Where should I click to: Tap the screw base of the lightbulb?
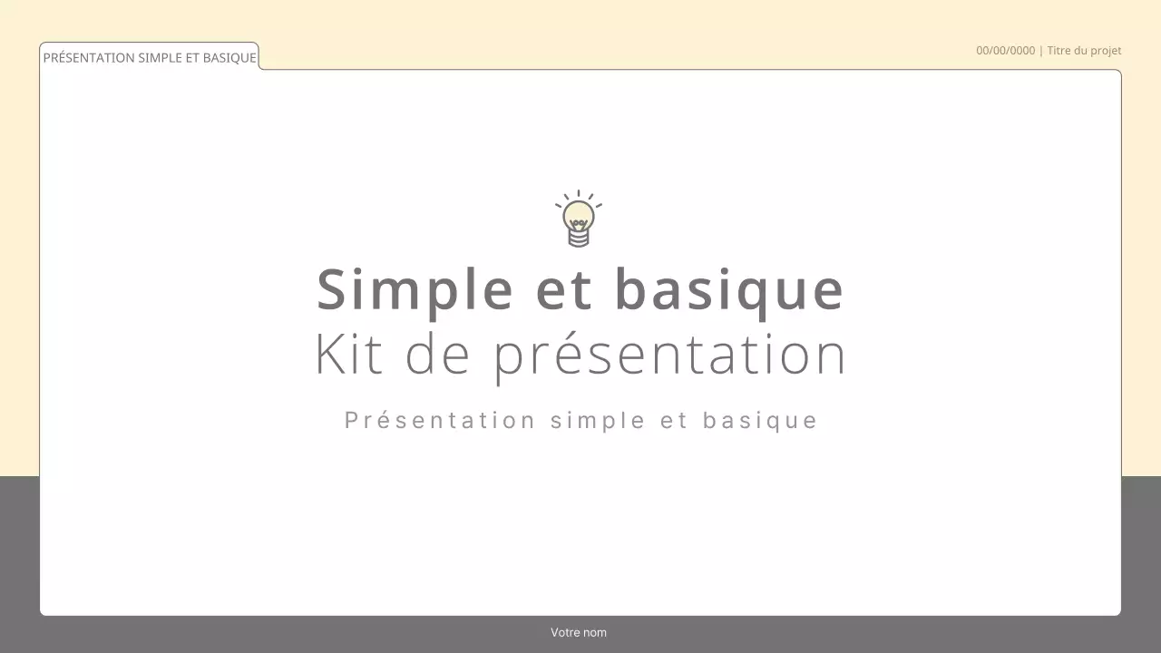pos(579,237)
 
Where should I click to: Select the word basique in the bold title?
pos(729,290)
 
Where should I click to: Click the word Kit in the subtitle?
pos(347,355)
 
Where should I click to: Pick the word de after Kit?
pos(437,355)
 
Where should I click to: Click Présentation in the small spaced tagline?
pos(440,421)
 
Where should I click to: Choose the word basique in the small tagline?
pos(761,421)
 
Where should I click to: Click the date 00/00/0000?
pos(1005,51)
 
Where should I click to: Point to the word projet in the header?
pos(1107,51)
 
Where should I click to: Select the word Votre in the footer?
pos(566,632)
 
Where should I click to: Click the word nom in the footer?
pos(595,632)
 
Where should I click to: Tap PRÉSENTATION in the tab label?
pos(89,58)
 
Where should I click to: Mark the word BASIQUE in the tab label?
pos(229,58)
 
